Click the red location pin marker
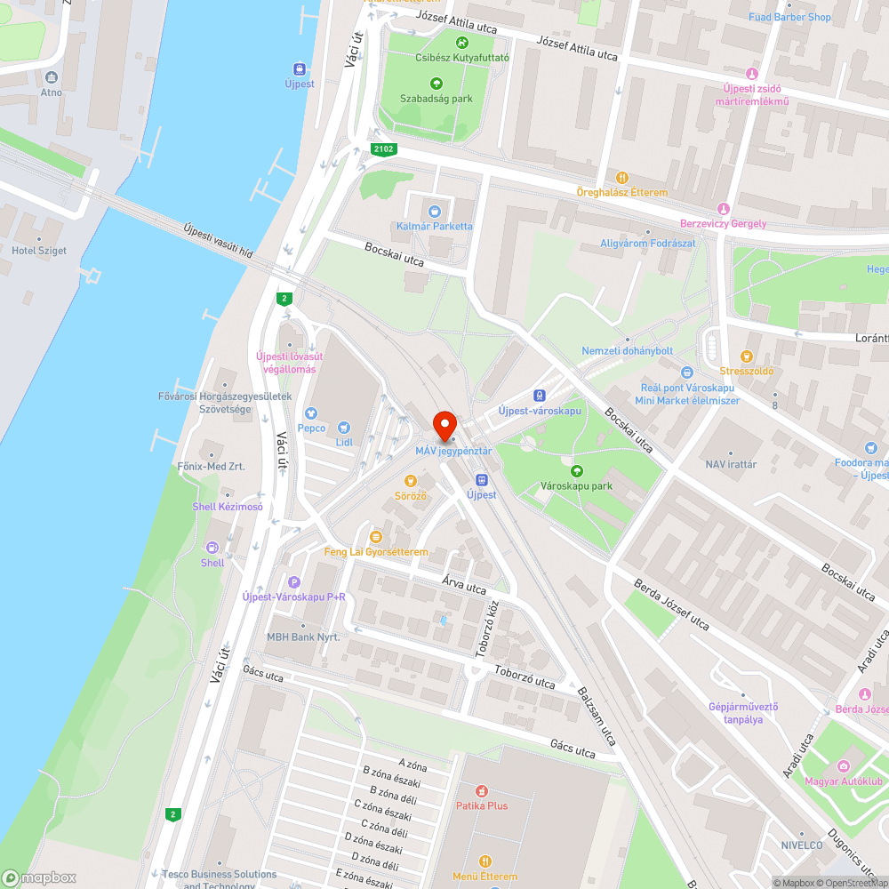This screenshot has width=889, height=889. point(444,424)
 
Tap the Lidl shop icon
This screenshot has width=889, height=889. point(345,427)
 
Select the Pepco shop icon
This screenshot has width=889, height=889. point(311,412)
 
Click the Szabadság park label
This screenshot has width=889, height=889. point(436,99)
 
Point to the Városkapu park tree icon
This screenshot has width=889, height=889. point(577,470)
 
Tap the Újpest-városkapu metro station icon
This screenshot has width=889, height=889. point(539,396)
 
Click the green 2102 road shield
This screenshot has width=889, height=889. point(384,150)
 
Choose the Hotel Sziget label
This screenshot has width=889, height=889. point(39,251)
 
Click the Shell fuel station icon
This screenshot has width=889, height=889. point(212,548)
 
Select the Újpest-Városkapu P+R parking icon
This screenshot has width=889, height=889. point(293,581)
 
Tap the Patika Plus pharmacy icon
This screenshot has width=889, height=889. point(482,789)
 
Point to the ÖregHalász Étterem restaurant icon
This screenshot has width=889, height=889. point(622,178)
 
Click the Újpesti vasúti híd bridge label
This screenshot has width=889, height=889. point(218,241)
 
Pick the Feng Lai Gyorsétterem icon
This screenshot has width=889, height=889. point(376,537)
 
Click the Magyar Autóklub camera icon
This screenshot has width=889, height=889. point(842,765)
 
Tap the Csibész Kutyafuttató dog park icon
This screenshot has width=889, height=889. point(462,43)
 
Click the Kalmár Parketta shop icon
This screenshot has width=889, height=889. point(435,211)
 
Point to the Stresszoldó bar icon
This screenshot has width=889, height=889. point(747,356)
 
